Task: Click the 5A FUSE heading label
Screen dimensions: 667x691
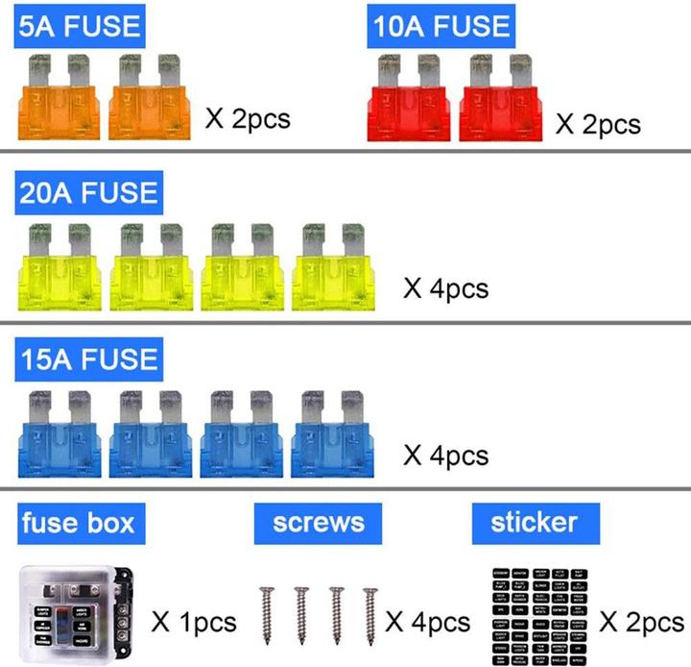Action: (x=80, y=25)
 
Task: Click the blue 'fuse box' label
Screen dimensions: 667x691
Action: (x=78, y=524)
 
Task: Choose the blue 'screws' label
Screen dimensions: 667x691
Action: (x=318, y=524)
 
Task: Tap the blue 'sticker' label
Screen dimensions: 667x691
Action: (x=534, y=524)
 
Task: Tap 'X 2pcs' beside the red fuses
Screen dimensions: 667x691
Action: (x=598, y=125)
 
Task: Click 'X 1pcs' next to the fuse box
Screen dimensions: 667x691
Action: (x=194, y=623)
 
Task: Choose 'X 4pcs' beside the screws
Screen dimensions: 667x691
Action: (x=428, y=623)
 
